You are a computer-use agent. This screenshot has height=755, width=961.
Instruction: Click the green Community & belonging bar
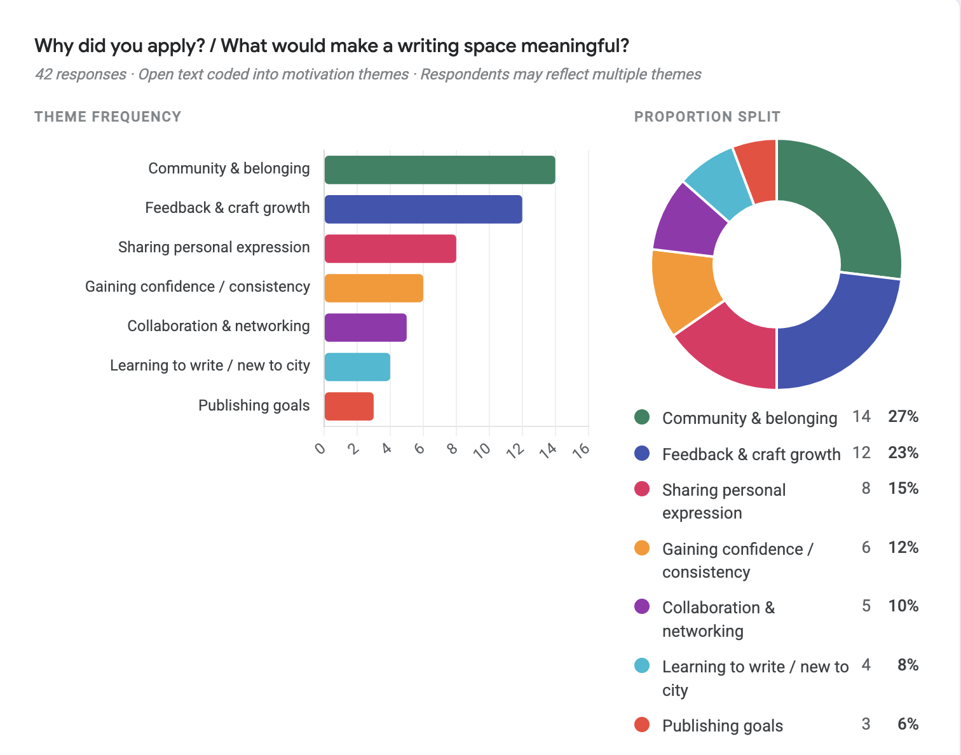pyautogui.click(x=439, y=170)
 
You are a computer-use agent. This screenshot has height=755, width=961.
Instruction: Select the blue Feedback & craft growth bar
pyautogui.click(x=423, y=209)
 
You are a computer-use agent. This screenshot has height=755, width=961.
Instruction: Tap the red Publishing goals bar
pyautogui.click(x=349, y=407)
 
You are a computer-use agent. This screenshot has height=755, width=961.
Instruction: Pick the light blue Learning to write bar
pyautogui.click(x=357, y=367)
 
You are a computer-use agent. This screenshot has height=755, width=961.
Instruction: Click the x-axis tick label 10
pyautogui.click(x=483, y=449)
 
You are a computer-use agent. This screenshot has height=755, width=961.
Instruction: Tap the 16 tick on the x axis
pyautogui.click(x=582, y=449)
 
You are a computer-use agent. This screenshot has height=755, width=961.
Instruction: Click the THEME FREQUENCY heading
pyautogui.click(x=107, y=117)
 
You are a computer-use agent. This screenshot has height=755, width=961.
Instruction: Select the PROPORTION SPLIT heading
pyautogui.click(x=707, y=117)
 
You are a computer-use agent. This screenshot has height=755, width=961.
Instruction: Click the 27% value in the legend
pyautogui.click(x=903, y=417)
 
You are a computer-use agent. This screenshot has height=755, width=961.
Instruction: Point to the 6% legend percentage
pyautogui.click(x=908, y=724)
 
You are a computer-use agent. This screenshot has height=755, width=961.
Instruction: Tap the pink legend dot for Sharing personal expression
pyautogui.click(x=642, y=489)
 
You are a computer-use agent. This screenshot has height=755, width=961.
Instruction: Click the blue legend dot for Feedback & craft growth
pyautogui.click(x=642, y=453)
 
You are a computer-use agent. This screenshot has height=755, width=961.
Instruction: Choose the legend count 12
pyautogui.click(x=861, y=453)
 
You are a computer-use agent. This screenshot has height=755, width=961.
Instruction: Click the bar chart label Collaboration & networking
pyautogui.click(x=219, y=326)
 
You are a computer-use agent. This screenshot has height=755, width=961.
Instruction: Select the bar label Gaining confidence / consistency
pyautogui.click(x=197, y=287)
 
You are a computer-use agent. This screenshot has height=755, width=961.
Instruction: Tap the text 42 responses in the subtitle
pyautogui.click(x=81, y=74)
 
